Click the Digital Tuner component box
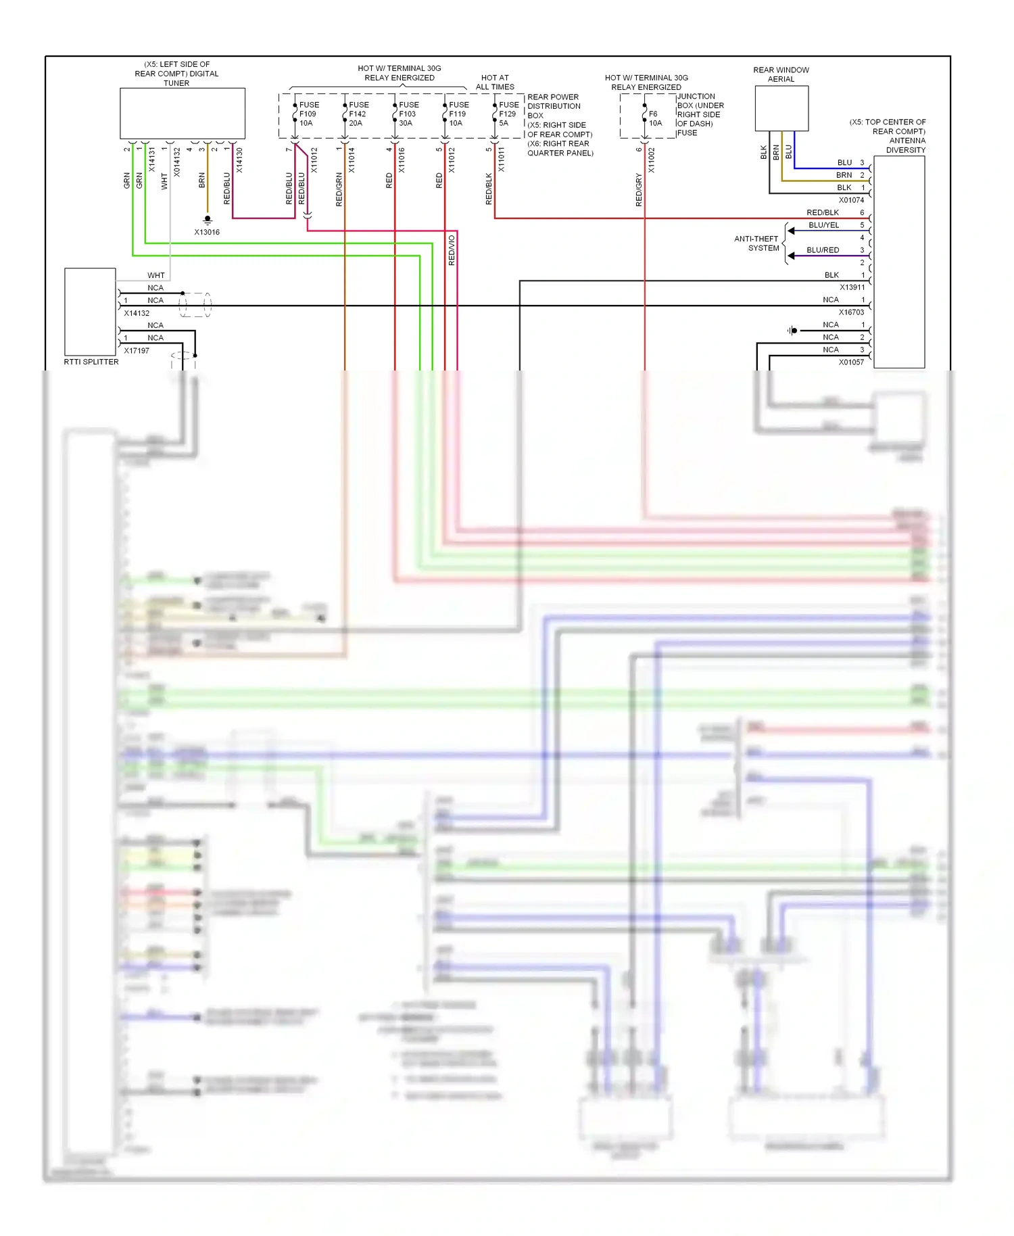tap(183, 113)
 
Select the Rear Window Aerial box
tap(781, 108)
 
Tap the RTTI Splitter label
tap(91, 362)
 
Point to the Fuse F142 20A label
tap(358, 114)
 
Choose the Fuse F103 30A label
tap(408, 114)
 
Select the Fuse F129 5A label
tap(508, 114)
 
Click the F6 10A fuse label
tap(654, 118)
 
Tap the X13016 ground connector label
tap(207, 232)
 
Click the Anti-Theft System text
tap(756, 243)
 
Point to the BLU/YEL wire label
tap(823, 225)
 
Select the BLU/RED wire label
tap(823, 250)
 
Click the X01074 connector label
tap(851, 200)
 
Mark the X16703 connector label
tap(851, 312)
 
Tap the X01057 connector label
tap(851, 362)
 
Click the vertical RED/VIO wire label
tap(452, 250)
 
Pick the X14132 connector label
tap(137, 313)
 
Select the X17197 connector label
tap(137, 350)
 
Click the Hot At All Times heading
tap(495, 82)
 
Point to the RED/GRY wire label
tap(639, 189)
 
